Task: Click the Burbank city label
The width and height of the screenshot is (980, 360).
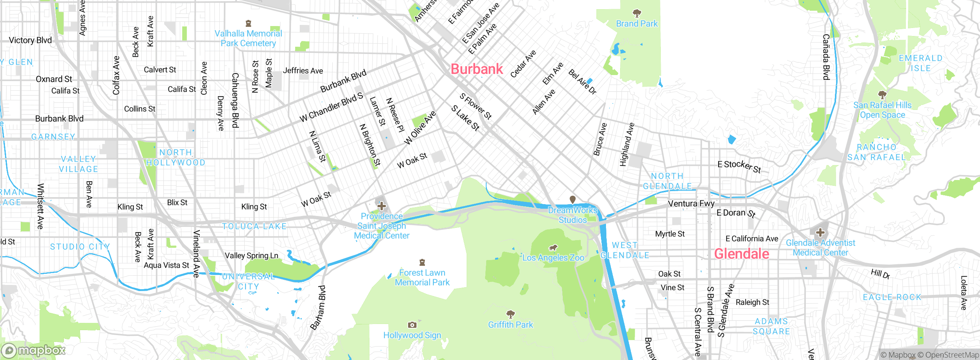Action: point(477,69)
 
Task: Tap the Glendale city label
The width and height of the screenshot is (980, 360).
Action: point(742,254)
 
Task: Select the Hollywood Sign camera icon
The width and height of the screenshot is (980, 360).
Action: point(412,325)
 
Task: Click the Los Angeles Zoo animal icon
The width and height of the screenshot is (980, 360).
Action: point(553,248)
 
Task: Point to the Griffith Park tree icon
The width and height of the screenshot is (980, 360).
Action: point(510,314)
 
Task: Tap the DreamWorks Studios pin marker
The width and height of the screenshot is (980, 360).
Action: point(573,200)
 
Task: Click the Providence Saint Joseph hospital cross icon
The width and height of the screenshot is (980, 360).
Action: point(381,206)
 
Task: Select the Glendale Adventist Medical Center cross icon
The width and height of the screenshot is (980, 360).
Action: point(820,232)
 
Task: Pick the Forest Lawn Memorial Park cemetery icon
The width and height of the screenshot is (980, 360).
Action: point(422,262)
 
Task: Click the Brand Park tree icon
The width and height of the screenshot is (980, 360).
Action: point(637,14)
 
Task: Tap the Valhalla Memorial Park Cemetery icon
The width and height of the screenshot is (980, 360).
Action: point(248,23)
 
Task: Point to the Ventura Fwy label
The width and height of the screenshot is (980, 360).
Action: point(691,203)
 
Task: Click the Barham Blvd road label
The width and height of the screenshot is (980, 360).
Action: point(318,307)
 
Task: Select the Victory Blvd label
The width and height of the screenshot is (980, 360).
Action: point(30,40)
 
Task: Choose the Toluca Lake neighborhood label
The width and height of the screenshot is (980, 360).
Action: point(254,226)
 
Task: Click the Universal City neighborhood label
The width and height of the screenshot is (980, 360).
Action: point(248,281)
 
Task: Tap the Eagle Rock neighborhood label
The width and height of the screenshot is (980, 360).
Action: point(892,297)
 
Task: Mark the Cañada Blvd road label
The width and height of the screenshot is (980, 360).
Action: point(826,57)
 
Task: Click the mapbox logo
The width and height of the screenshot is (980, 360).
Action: point(34,350)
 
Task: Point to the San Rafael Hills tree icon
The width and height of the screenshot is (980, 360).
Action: point(882,95)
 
